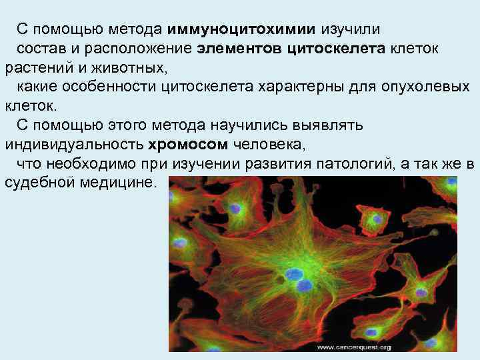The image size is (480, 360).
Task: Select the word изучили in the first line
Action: (350, 29)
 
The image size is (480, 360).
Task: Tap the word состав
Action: (39, 49)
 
